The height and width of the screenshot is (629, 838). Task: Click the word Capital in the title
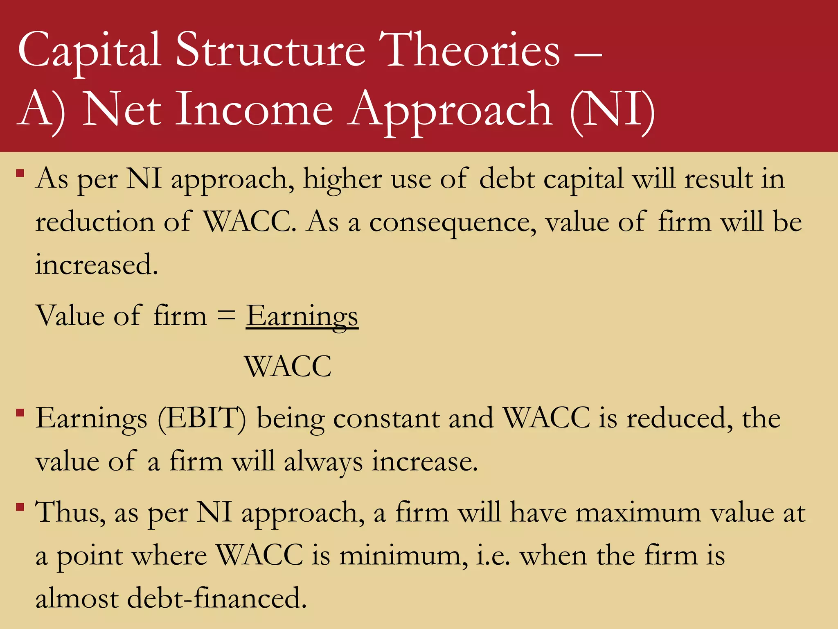[89, 51]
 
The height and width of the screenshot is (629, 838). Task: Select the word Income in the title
[254, 110]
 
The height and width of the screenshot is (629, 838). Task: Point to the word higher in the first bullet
[342, 179]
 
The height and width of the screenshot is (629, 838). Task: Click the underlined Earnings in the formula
[302, 316]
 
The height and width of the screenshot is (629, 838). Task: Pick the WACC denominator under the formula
[288, 366]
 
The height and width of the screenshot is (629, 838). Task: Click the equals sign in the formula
[226, 316]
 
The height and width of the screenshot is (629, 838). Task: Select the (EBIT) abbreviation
[202, 419]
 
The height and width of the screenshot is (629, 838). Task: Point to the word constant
[386, 419]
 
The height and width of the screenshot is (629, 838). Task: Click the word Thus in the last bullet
[70, 512]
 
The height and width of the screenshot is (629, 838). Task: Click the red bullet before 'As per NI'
[20, 173]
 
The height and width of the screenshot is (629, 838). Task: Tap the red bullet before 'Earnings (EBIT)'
[20, 412]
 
